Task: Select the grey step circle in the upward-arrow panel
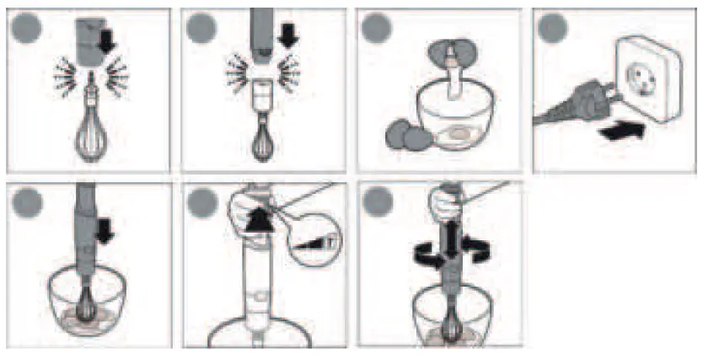pyautogui.click(x=202, y=202)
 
